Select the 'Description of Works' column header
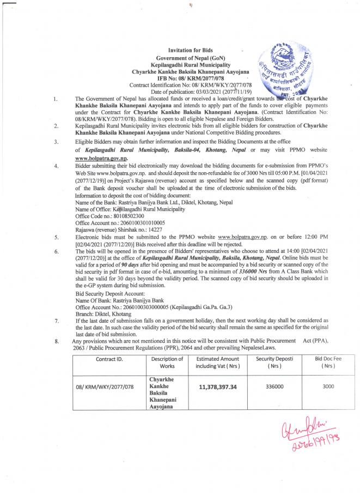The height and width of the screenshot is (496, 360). click(167, 362)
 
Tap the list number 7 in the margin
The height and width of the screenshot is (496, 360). click(57, 322)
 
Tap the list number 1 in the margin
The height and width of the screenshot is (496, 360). click(57, 99)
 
